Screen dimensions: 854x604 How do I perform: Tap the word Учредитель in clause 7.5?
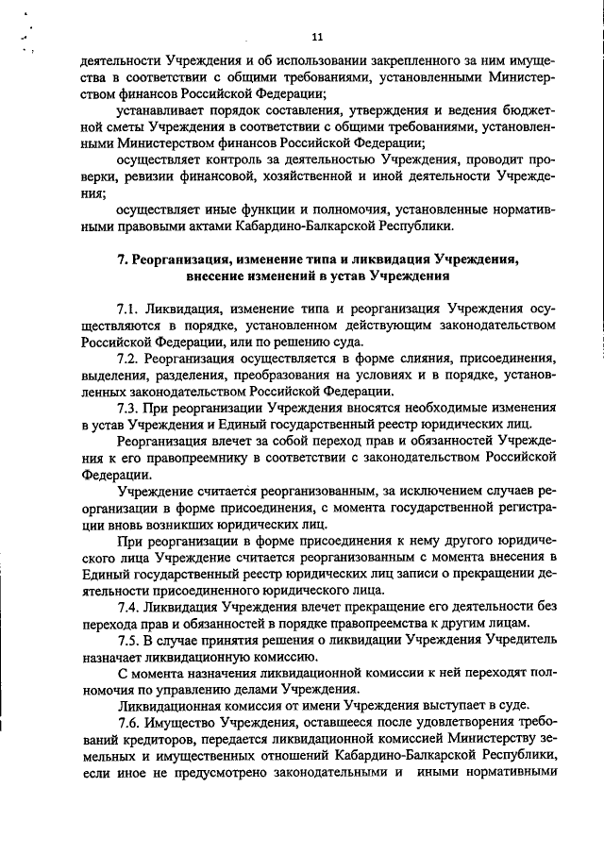click(x=511, y=641)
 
